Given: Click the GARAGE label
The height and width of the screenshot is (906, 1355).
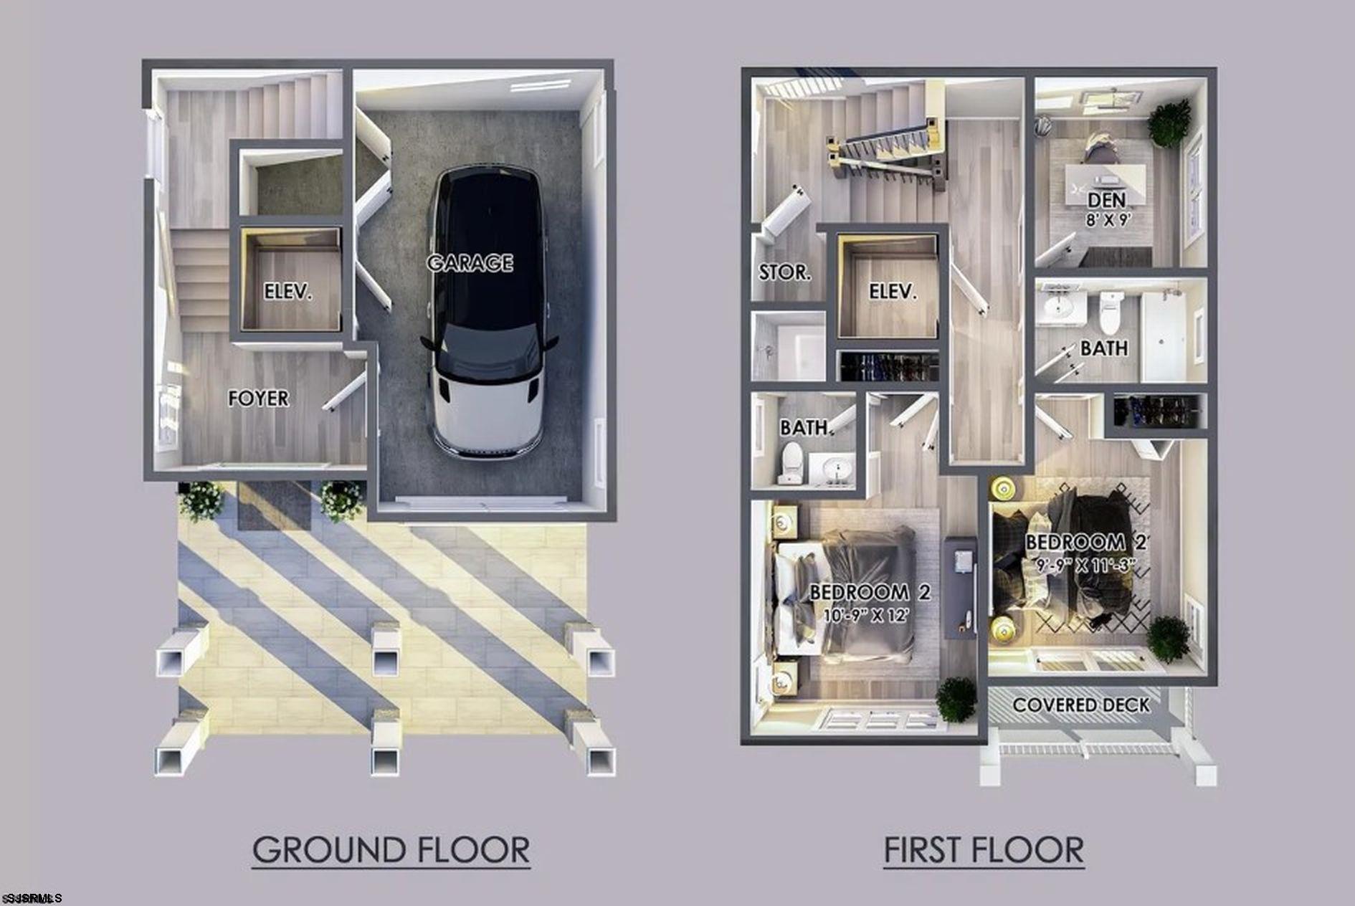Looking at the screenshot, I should pos(470,263).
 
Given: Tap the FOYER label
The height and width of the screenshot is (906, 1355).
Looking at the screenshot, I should pos(258,398).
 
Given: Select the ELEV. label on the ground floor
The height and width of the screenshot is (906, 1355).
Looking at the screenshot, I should pos(287,292).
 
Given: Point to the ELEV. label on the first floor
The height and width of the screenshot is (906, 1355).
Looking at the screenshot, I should pos(893,291).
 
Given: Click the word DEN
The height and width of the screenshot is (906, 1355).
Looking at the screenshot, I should pos(1106,199).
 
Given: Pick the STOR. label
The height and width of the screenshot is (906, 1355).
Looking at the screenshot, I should pos(785,272).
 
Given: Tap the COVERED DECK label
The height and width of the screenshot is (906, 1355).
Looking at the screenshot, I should pos(1080,705).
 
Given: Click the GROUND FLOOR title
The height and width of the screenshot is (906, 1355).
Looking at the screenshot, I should pos(391,850).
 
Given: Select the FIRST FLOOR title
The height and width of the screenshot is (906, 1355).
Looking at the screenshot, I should pos(983,850).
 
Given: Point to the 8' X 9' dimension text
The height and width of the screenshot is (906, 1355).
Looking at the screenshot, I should pos(1108,220).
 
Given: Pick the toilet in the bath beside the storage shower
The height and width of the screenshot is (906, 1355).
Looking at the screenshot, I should pos(791,462).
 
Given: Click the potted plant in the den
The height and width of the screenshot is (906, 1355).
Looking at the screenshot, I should pos(1169,122).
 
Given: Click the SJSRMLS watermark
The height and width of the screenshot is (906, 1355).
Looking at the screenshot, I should pos(32,898).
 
